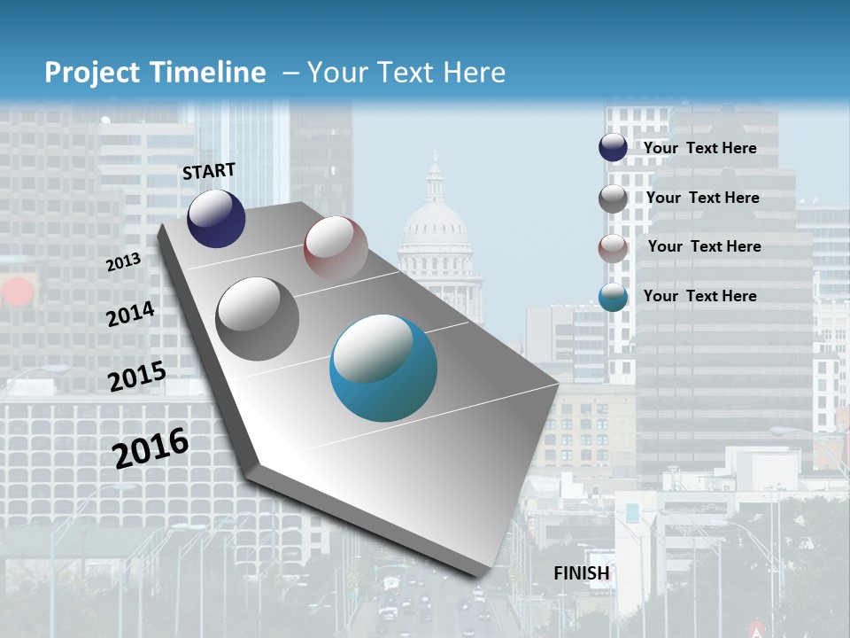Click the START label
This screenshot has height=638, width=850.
coord(209,171)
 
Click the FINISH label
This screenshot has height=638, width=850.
coord(582,573)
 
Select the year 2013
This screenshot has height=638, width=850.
coord(123,262)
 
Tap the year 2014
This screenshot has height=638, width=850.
coord(130,314)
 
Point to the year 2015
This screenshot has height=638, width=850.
coord(136,376)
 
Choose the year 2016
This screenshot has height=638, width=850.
coord(151,447)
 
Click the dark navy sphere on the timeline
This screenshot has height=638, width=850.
coord(216,218)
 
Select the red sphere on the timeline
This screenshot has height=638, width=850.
coord(336,248)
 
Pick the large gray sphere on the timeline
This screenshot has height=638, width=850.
coord(258,318)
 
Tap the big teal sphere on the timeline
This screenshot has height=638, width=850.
coord(383,368)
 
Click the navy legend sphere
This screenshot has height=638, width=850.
coord(613,148)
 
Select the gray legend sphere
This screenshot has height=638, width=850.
coord(613,198)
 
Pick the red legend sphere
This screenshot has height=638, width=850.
coord(613,247)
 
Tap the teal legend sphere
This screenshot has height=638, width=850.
coord(613,297)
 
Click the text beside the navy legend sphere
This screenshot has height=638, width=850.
coord(699,148)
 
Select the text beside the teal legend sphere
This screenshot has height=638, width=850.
coord(699,296)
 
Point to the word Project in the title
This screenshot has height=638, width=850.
coord(91,73)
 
